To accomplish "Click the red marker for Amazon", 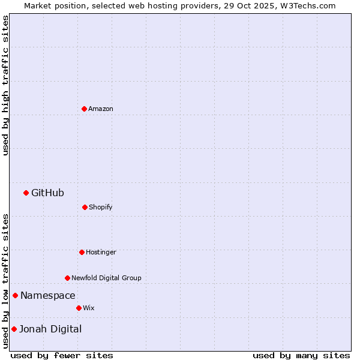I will coord(84,109).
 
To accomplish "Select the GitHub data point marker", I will coord(26,193).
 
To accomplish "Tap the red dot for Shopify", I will coord(85,207).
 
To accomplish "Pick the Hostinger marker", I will coord(82,252).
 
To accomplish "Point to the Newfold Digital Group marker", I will coord(67,278).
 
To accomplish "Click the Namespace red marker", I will coord(15,295).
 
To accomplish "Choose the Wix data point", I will coord(79,308).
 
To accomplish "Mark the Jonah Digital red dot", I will coord(14,329).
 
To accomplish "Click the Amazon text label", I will coord(101,109).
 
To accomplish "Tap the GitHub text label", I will coord(47,193).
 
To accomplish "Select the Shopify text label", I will coord(101,207).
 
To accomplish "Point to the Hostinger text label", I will coord(101,252).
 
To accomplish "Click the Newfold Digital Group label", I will coord(107,278).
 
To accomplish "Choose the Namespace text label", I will coord(48,295).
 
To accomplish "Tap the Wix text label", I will coord(89,308).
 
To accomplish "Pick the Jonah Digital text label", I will coord(50,329).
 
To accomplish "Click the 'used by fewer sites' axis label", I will coord(62,355).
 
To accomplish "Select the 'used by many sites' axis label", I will coord(301,355).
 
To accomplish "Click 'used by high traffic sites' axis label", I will coord(5,85).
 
